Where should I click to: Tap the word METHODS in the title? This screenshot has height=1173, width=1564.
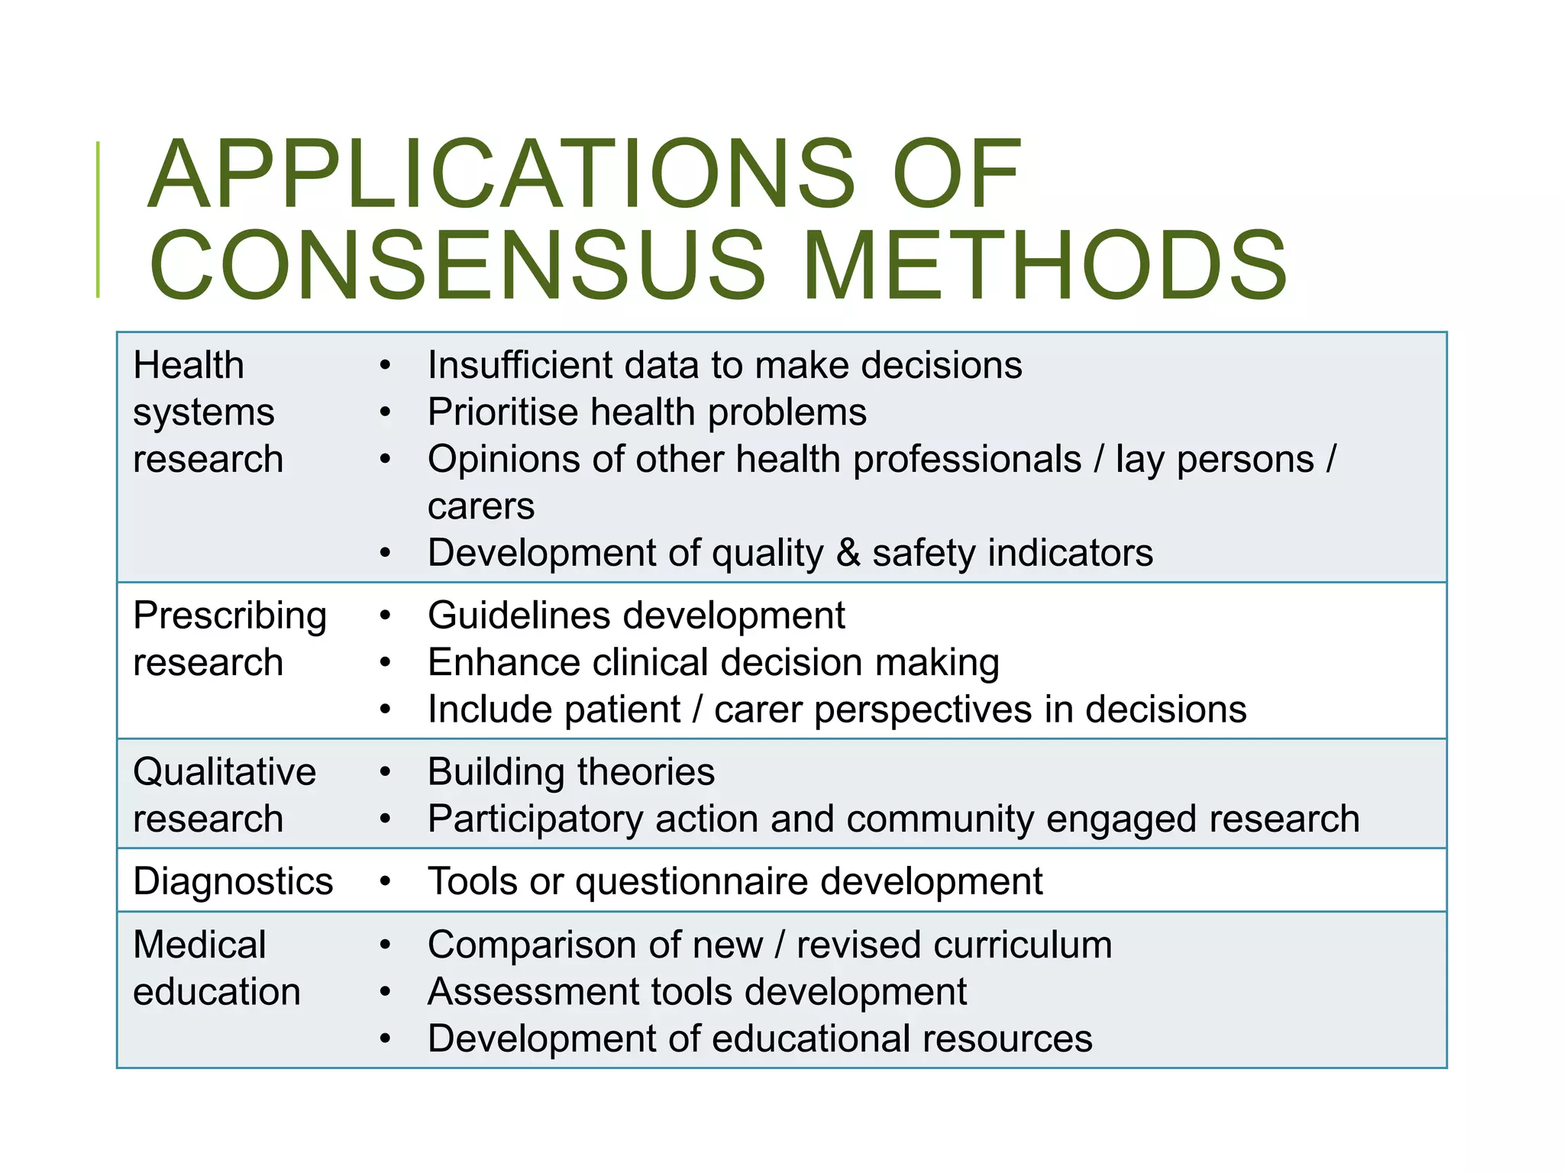coord(1045,265)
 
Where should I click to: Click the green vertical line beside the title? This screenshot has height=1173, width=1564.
coord(98,219)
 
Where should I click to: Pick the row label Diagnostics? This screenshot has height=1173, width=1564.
coord(233,881)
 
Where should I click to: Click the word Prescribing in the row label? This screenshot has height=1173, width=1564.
coord(230,616)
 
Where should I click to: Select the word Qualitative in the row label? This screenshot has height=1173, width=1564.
coord(225,772)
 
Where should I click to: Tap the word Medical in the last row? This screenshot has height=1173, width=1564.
coord(199,945)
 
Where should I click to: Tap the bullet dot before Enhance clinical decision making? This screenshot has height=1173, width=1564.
coord(386,663)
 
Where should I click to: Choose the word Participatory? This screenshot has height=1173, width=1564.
coord(535,819)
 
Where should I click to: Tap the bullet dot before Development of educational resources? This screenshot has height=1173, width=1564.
coord(386,1039)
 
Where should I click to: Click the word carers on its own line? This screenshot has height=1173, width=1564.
coord(481,506)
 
